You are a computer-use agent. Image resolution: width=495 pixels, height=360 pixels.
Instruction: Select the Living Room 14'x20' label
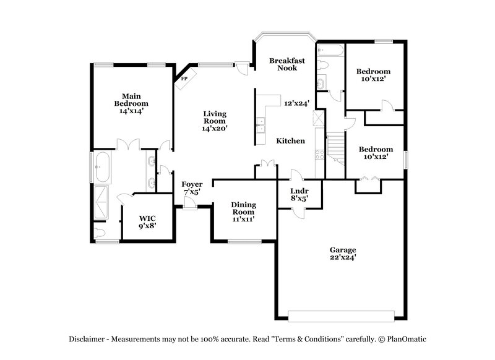pos(215,121)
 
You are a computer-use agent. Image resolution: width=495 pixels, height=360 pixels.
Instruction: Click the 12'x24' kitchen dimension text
pos(296,103)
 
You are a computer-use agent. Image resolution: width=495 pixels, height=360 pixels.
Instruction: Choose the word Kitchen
pos(290,141)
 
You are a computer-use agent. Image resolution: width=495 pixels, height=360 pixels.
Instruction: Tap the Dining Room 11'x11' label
pos(244,212)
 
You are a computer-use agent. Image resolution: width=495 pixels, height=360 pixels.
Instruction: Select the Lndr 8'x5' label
pos(299,195)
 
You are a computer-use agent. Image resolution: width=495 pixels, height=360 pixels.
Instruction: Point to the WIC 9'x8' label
pos(147,222)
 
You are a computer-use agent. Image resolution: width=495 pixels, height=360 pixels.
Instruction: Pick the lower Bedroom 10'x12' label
pos(376,153)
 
